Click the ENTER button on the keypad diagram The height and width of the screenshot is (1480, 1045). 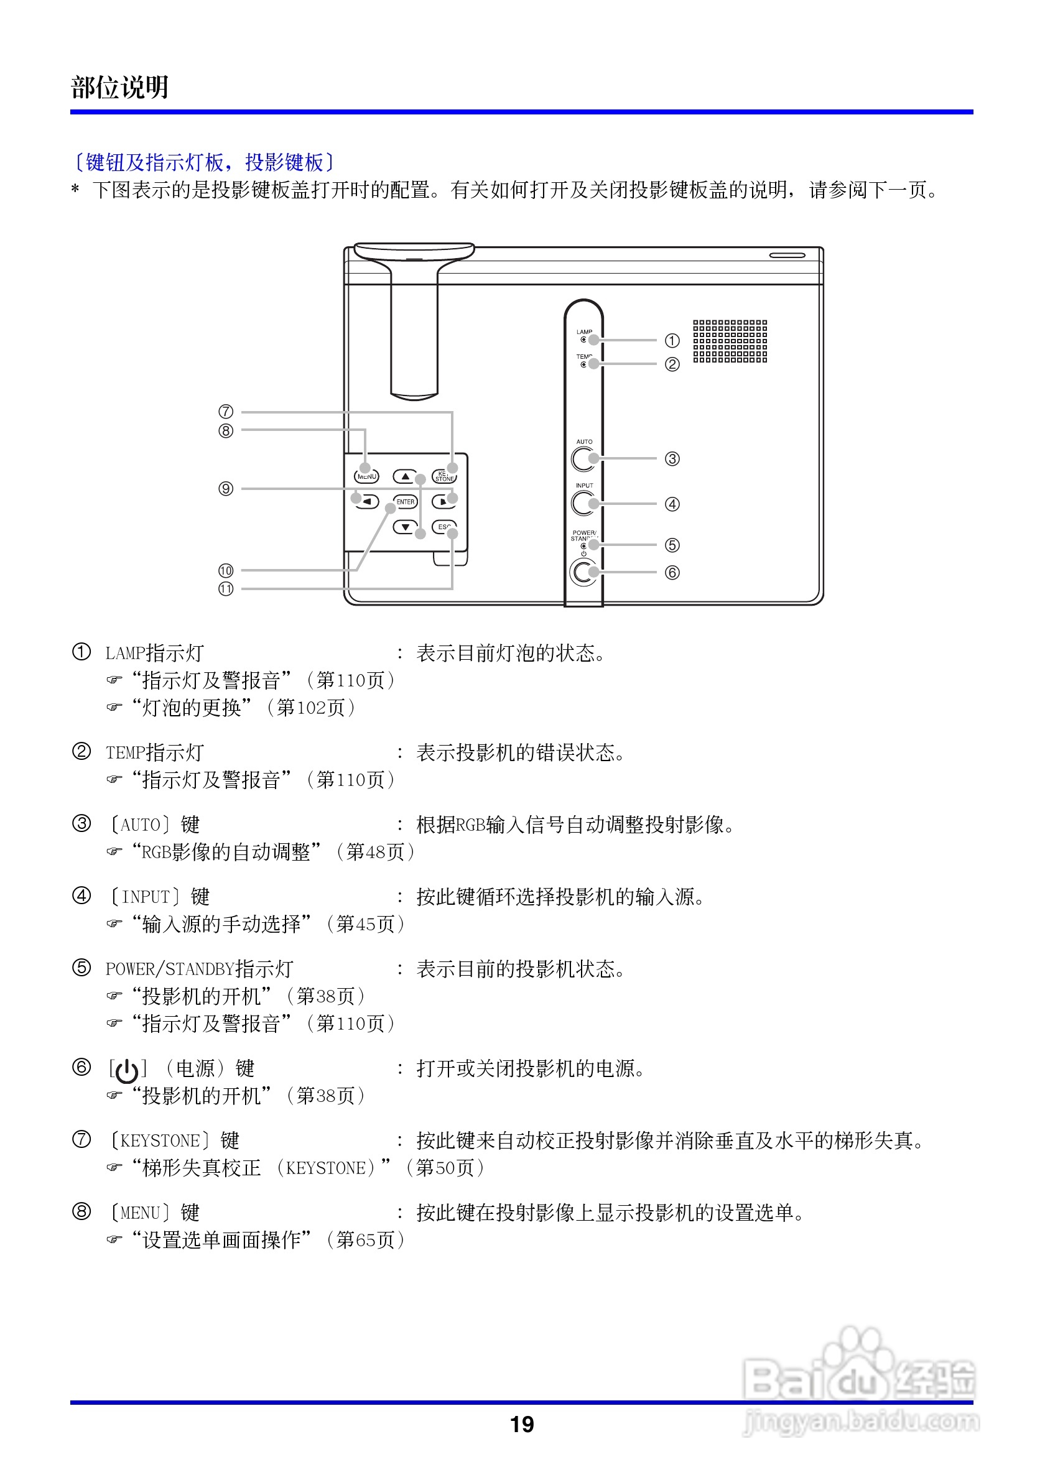(406, 501)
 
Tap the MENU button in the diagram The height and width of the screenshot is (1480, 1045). (367, 476)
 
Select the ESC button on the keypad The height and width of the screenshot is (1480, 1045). (444, 527)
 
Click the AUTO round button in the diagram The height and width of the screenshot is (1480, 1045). (583, 459)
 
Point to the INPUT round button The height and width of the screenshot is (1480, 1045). (583, 504)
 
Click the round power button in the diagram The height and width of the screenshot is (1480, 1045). (583, 571)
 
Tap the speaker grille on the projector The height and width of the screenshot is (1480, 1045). (730, 341)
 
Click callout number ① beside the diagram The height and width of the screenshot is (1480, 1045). (672, 340)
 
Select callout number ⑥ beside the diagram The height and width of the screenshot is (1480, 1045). (672, 572)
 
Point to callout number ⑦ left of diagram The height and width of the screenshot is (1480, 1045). (226, 411)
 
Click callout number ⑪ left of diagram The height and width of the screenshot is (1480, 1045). (226, 588)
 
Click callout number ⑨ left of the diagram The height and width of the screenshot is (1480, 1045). (226, 489)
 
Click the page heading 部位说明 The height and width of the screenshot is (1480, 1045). (120, 88)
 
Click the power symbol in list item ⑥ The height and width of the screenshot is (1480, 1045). (127, 1071)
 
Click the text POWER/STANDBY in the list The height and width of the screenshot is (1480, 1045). (170, 969)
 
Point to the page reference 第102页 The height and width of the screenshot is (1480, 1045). (312, 708)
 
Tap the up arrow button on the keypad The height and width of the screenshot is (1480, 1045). (406, 477)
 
